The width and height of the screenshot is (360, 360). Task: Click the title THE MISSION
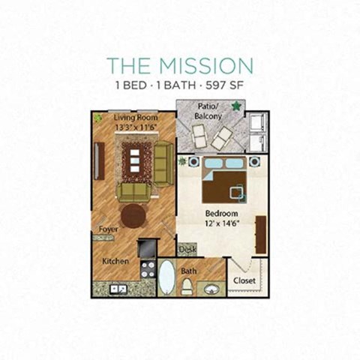click(x=179, y=65)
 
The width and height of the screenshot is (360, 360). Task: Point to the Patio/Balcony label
click(x=209, y=111)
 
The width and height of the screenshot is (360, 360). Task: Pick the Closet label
click(x=245, y=280)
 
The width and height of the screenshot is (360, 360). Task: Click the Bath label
click(x=189, y=271)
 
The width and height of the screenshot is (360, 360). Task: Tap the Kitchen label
click(x=115, y=261)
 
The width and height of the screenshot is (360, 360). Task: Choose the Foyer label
click(x=108, y=229)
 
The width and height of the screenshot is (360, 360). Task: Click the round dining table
click(x=133, y=216)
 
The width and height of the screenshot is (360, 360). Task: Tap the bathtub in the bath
click(x=166, y=277)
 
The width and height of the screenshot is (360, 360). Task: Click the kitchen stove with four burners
click(x=147, y=268)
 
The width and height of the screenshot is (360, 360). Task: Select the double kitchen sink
click(x=118, y=288)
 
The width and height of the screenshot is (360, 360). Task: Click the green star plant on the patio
click(x=237, y=106)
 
